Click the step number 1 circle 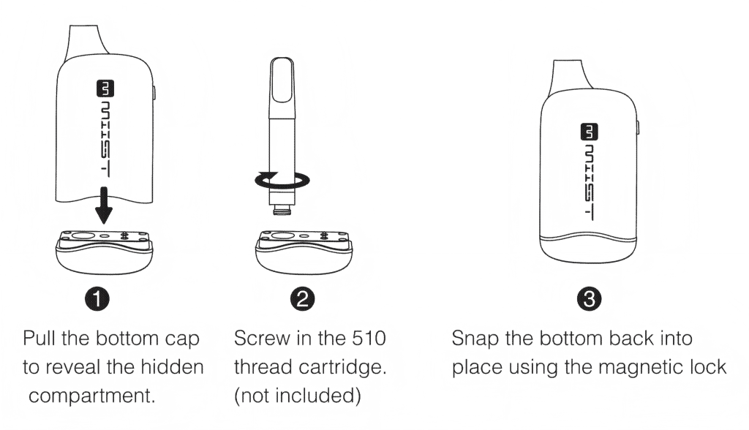click(x=97, y=299)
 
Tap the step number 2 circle click(x=302, y=299)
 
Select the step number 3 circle click(x=589, y=299)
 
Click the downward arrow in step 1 click(x=103, y=205)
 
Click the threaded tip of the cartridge click(x=282, y=209)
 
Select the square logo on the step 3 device click(x=590, y=132)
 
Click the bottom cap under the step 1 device click(x=105, y=252)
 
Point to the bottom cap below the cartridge click(x=304, y=252)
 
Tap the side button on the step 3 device click(x=638, y=128)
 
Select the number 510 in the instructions click(x=369, y=339)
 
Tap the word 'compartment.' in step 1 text click(x=92, y=396)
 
